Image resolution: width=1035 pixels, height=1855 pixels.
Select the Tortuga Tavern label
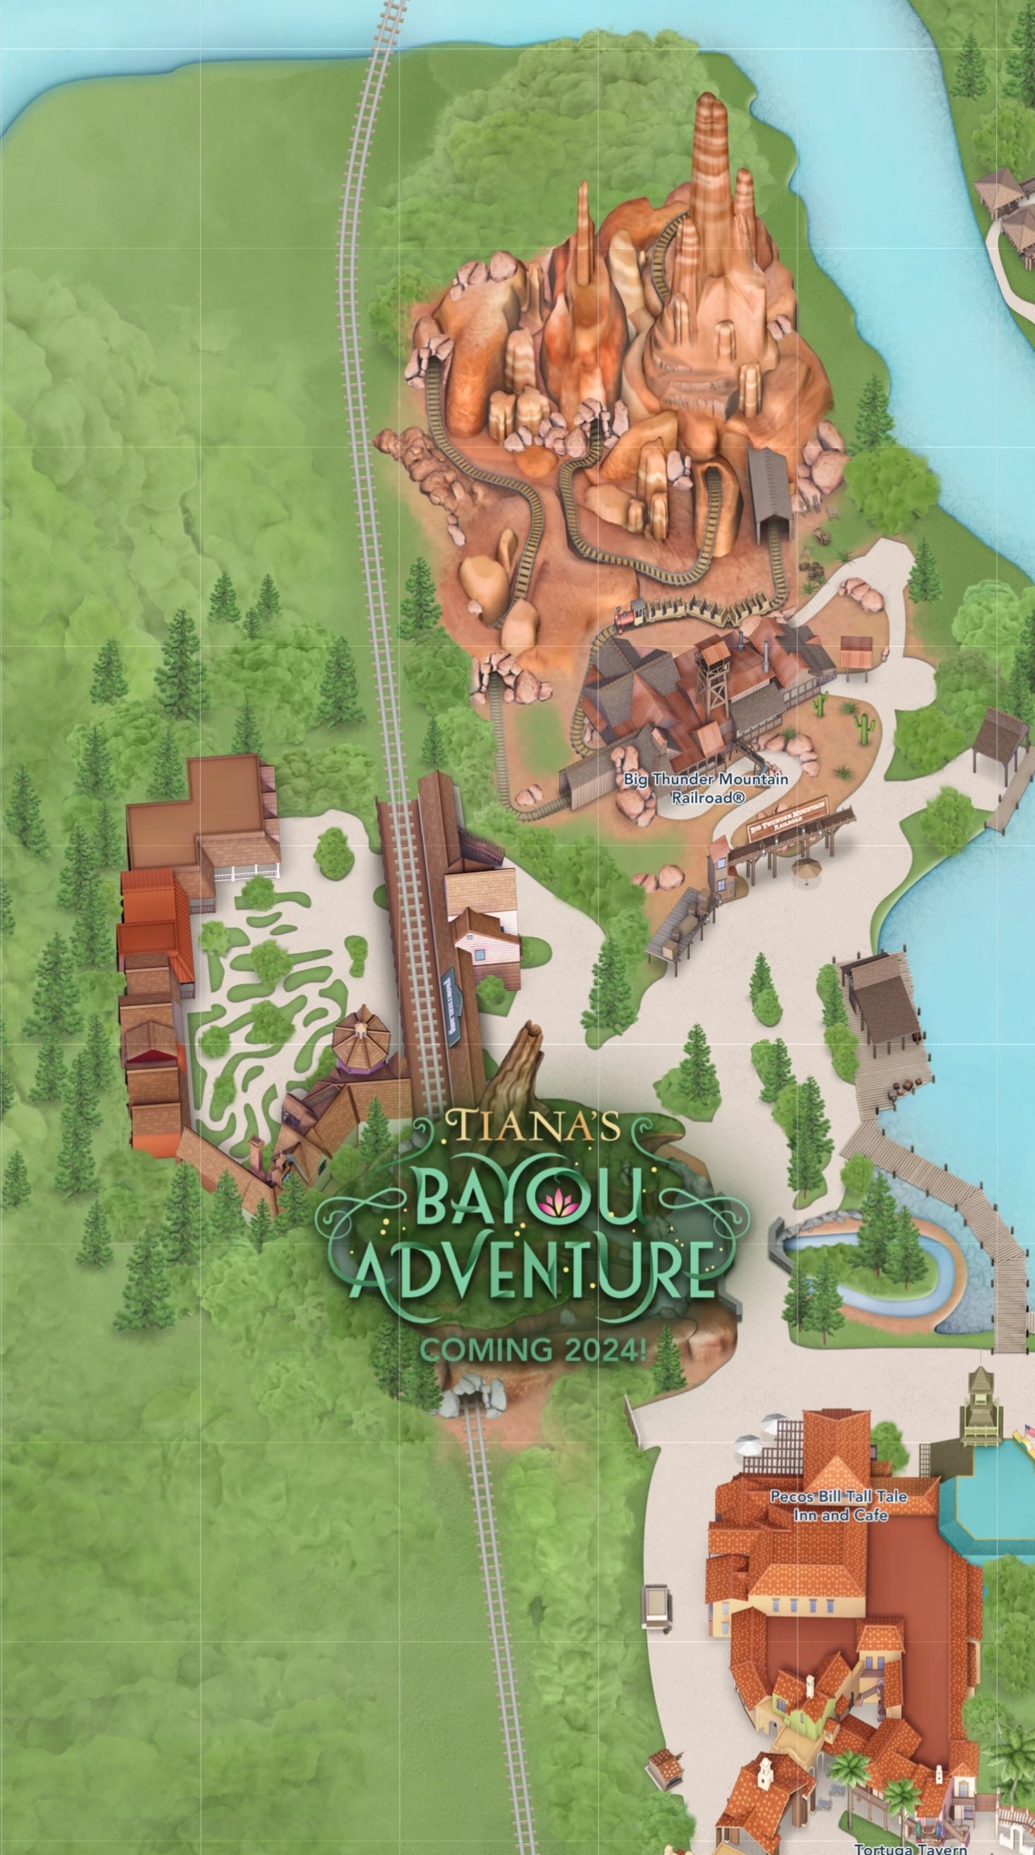pos(910,1848)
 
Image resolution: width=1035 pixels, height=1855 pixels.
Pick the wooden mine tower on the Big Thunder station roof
pos(716,670)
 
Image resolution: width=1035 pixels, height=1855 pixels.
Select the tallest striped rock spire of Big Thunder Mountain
pos(713,151)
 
